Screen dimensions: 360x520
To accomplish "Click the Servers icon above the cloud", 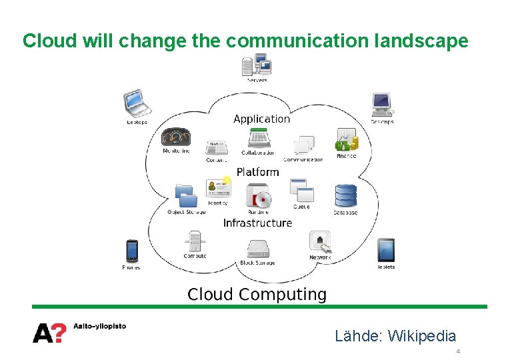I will click(257, 65).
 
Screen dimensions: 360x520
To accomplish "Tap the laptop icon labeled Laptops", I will click(137, 103).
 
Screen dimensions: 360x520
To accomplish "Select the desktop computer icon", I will click(382, 105).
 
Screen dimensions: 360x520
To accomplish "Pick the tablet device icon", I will click(386, 250).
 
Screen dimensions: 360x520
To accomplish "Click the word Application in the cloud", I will click(261, 119).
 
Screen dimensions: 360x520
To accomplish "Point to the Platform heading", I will click(257, 172).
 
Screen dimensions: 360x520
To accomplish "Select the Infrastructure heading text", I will click(257, 223).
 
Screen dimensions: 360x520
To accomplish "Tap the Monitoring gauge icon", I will click(176, 137).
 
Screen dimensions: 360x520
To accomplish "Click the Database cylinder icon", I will click(345, 195).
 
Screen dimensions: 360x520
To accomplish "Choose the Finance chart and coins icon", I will click(346, 140).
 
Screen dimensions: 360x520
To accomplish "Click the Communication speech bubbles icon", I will click(304, 145).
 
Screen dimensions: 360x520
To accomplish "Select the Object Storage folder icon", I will click(186, 195).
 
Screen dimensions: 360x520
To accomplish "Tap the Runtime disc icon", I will click(259, 197).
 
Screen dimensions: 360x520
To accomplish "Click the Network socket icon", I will click(320, 241).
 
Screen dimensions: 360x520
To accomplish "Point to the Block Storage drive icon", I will click(257, 249).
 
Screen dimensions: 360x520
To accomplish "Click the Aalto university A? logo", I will click(49, 331).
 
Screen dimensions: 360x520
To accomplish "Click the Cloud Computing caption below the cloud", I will click(257, 295).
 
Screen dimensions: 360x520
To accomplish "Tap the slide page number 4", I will click(458, 351).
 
